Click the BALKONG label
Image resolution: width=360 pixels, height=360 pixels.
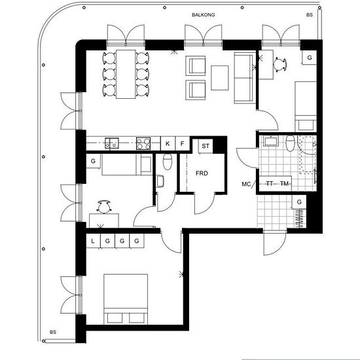click(203, 14)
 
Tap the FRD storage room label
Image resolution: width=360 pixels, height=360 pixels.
click(202, 173)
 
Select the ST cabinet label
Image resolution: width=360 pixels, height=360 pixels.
click(206, 146)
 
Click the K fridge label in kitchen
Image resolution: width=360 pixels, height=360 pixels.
click(168, 144)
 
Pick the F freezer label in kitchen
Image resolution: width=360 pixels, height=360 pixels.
click(183, 144)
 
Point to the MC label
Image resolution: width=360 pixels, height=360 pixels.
click(246, 184)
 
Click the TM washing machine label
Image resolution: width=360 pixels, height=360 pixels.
click(284, 184)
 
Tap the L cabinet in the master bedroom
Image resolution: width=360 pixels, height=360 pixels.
click(93, 241)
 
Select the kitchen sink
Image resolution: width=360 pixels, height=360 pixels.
click(112, 143)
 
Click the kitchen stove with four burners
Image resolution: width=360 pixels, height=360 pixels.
click(143, 143)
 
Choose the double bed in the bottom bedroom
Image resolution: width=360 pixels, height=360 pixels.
click(126, 299)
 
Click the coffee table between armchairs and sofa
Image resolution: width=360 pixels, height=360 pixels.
click(220, 78)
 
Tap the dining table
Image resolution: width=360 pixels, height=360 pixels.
click(126, 74)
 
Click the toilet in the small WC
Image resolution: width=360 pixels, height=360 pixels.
click(168, 162)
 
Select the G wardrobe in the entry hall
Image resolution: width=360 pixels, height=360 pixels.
click(299, 202)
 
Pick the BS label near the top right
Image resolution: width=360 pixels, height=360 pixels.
click(310, 14)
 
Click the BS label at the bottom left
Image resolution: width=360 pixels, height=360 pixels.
click(53, 333)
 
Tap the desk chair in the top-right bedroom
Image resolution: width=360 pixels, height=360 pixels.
click(279, 64)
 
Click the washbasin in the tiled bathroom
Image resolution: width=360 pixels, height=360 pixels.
click(271, 141)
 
